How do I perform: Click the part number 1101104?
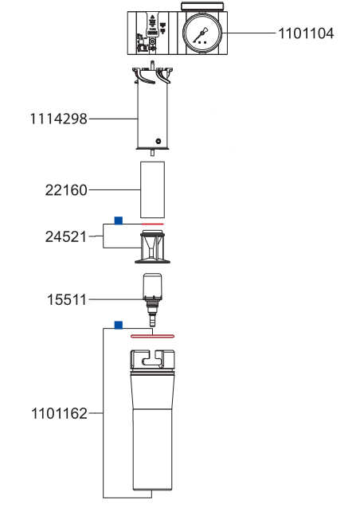point(306,33)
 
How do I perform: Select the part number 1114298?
point(58,119)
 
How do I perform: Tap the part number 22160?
point(66,190)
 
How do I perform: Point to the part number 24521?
point(66,236)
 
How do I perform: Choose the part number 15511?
point(67,299)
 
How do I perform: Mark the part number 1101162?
point(59,414)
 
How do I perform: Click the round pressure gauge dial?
point(202,33)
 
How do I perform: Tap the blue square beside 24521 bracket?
point(119,221)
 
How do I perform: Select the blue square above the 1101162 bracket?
point(119,326)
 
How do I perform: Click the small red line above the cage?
point(153,224)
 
